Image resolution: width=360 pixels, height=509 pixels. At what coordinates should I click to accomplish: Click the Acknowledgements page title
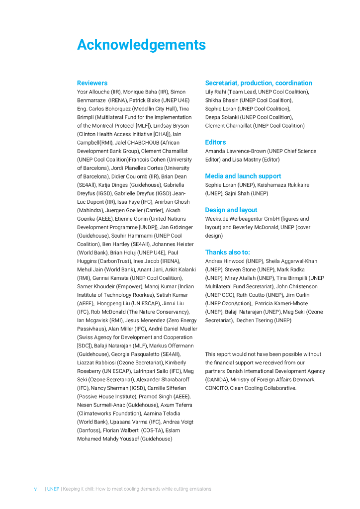point(141,45)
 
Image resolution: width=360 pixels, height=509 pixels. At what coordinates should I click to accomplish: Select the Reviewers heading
point(92,83)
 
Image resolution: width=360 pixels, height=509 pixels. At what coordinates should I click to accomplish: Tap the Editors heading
point(215,142)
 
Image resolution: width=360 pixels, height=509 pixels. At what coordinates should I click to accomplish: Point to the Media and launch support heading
point(243,176)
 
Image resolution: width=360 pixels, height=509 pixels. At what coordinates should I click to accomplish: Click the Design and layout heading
point(231,210)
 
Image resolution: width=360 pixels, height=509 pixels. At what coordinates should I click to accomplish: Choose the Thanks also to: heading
point(228,253)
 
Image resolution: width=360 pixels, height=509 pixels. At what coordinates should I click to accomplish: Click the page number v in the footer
point(35,489)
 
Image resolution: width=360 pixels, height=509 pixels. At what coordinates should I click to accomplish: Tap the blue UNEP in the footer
point(53,489)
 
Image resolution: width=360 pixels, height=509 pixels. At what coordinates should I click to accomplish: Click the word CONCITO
point(216,388)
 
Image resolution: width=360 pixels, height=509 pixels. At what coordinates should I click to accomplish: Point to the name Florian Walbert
point(121,430)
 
